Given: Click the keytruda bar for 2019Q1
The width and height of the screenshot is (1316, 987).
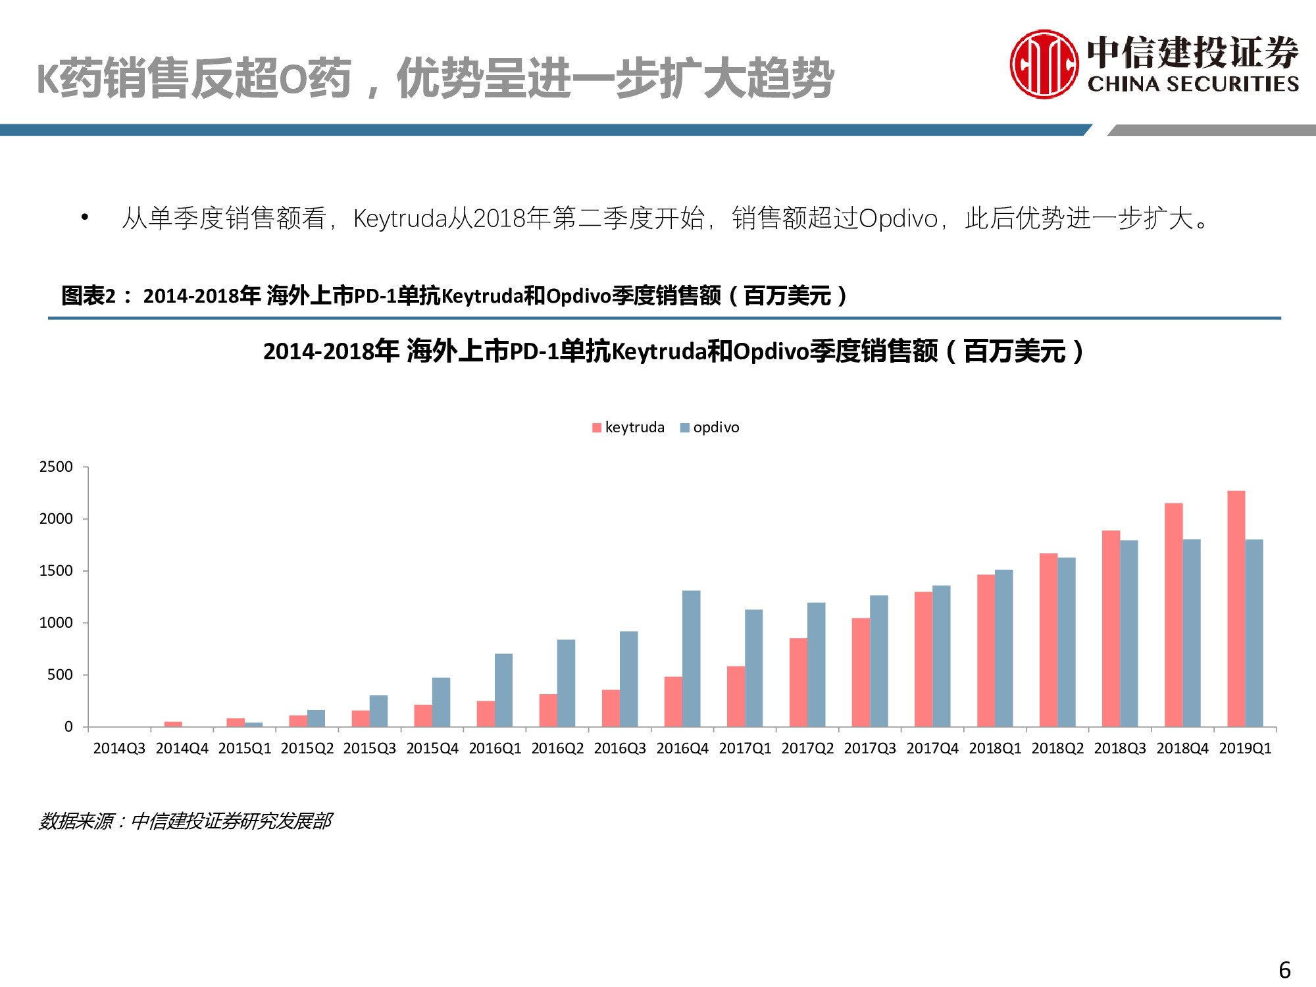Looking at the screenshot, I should (x=1236, y=609).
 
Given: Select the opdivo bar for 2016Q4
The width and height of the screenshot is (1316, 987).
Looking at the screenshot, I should (x=691, y=659).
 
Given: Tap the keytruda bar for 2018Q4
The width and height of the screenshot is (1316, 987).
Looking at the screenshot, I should (x=1173, y=615).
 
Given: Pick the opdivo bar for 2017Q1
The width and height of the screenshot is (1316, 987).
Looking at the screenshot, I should (x=753, y=668).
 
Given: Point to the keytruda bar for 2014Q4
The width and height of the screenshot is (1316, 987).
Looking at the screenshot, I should (x=173, y=724).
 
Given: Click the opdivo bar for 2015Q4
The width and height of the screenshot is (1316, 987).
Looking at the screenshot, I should (x=441, y=702).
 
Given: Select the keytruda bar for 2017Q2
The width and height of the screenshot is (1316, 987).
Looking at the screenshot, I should (x=798, y=682).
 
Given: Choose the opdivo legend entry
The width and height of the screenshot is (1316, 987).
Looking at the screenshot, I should (x=710, y=428).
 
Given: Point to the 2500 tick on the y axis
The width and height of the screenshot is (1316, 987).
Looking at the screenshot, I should (x=56, y=467).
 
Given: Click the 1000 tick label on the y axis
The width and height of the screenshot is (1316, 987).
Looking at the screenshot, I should (x=56, y=623).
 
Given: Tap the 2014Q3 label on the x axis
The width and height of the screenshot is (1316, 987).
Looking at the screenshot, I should (x=119, y=749).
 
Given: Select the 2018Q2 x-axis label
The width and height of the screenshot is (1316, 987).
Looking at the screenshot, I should (x=1057, y=749).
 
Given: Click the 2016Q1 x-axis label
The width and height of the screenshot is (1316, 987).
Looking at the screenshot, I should (x=495, y=749).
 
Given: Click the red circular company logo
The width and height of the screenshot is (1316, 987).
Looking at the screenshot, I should (x=1044, y=64).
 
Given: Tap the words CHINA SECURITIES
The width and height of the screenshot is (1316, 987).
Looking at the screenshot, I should (x=1193, y=84).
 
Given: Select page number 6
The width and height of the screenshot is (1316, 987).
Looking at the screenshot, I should (x=1284, y=970).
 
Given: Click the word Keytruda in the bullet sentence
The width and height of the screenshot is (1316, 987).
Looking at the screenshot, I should (x=400, y=218).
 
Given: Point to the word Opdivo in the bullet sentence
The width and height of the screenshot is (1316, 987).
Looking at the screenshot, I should (x=898, y=218).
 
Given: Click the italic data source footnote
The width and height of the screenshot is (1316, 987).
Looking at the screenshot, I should (x=186, y=821).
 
